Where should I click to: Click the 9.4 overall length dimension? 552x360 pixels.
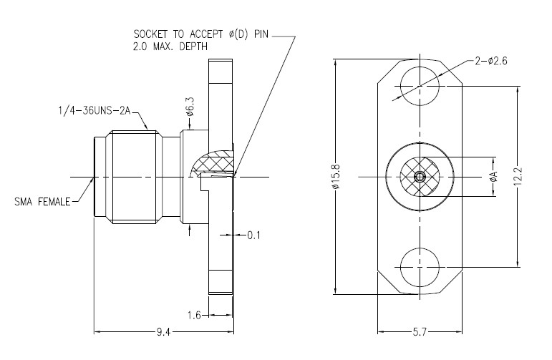pos(163,331)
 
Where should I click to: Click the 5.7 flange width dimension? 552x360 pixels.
pos(420,332)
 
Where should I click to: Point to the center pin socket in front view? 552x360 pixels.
pos(420,176)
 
